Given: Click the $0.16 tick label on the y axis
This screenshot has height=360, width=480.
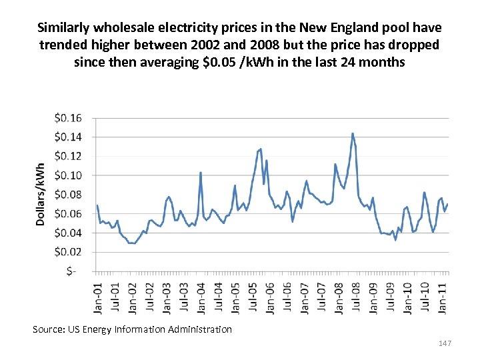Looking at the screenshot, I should [x=68, y=118].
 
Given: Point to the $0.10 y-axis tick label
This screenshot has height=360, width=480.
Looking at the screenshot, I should [x=68, y=175].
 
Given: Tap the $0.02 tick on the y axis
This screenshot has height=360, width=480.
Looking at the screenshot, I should [x=68, y=252].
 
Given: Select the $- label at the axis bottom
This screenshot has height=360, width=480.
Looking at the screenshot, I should [x=71, y=271].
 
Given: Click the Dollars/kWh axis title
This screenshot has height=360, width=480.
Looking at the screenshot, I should [x=41, y=194].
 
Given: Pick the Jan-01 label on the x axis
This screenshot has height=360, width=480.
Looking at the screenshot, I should [x=97, y=297].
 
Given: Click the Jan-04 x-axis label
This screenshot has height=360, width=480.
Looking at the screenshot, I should [x=201, y=297].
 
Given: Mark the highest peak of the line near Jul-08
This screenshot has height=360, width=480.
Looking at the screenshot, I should [x=353, y=133].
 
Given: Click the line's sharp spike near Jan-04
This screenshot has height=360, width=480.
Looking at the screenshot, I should [x=201, y=173].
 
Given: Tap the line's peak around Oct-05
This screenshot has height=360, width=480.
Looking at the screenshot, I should [x=261, y=149].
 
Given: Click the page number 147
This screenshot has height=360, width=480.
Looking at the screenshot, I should [x=445, y=343].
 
